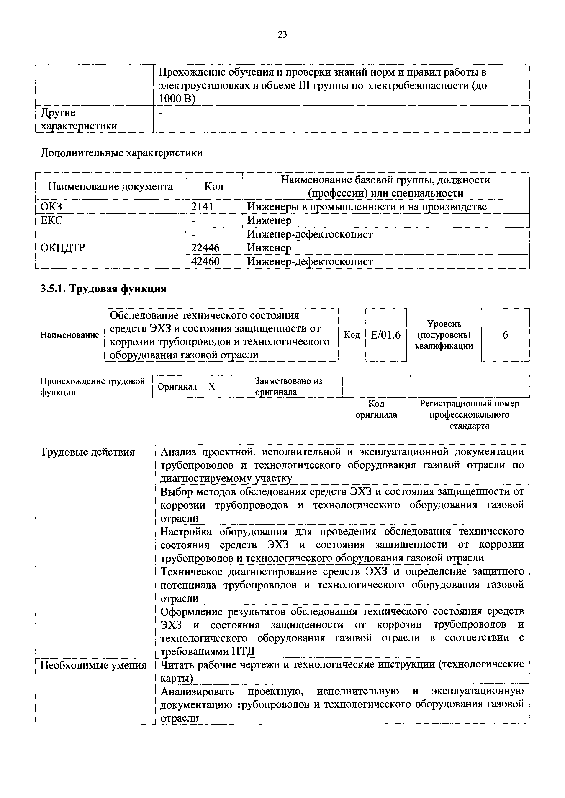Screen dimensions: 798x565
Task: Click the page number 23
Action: coord(282,34)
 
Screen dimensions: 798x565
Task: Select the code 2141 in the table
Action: coord(202,207)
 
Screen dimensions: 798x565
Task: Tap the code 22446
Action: coord(205,248)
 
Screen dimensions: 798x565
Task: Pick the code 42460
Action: coord(205,261)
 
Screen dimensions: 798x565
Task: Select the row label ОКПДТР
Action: coord(63,248)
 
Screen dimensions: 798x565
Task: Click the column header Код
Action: coord(214,187)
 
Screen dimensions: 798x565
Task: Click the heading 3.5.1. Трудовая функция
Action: coord(103,289)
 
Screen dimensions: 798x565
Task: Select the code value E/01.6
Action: coord(386,335)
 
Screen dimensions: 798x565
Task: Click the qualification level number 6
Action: coord(505,335)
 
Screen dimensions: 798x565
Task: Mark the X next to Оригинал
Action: coord(211,387)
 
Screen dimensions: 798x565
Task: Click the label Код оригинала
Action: coord(376,409)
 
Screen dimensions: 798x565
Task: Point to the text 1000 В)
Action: coord(177,99)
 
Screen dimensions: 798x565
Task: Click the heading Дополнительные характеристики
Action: coord(121,153)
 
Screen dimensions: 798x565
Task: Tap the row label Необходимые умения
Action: coord(94,665)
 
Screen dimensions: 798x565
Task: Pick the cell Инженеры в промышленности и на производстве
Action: coord(367,207)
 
